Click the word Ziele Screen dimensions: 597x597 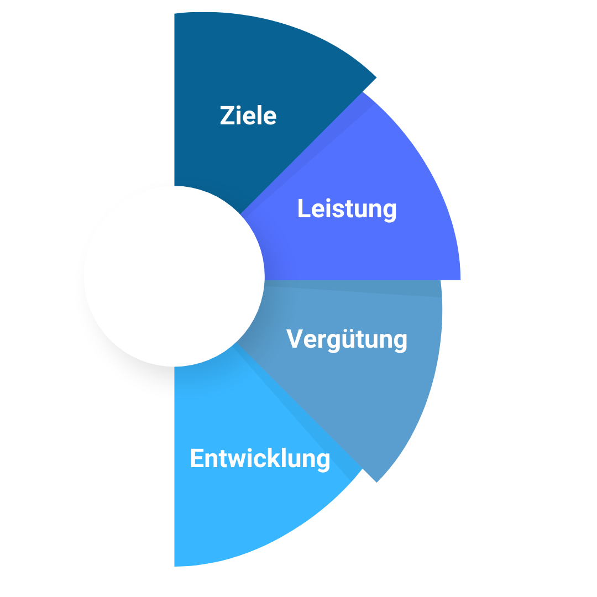(248, 116)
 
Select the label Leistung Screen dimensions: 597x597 (347, 209)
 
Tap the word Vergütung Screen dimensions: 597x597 (347, 339)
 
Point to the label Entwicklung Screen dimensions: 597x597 (260, 459)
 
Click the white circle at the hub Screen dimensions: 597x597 (174, 276)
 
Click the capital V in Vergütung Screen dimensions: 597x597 (295, 339)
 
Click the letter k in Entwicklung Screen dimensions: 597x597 (277, 459)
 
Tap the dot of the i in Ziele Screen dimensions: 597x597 (239, 107)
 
